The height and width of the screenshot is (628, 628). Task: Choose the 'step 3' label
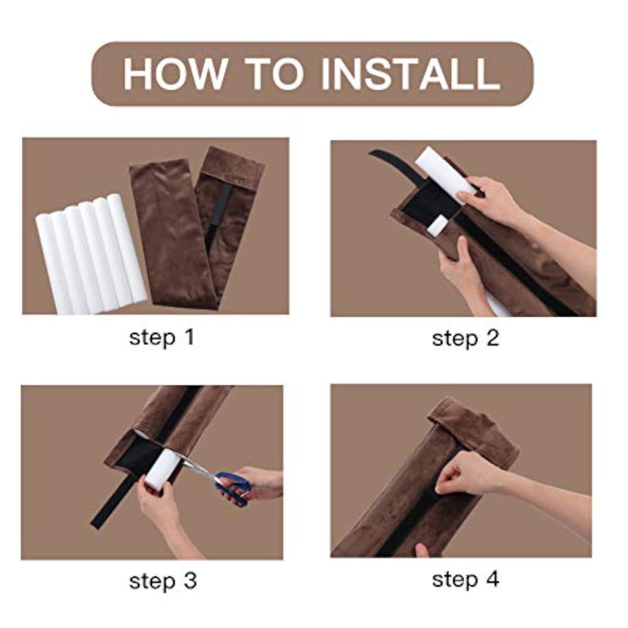163,581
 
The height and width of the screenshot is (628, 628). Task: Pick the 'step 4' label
465,580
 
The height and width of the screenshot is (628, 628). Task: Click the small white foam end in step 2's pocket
437,224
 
